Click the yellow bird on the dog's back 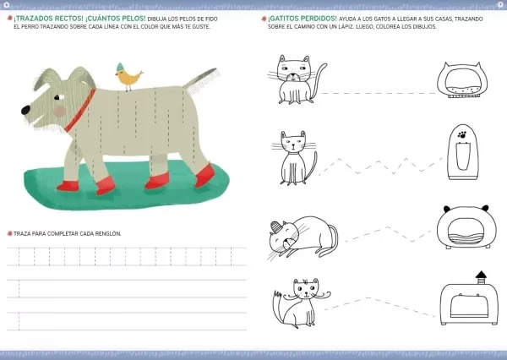point(128,77)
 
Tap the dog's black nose point(25,111)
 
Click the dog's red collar point(80,111)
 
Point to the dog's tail point(201,80)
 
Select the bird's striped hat point(120,67)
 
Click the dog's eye point(57,97)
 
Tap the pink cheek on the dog point(60,112)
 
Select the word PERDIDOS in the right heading point(319,19)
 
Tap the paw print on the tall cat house point(462,134)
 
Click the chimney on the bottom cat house point(481,277)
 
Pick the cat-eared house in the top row point(462,80)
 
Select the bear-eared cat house point(466,227)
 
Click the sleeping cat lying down point(303,237)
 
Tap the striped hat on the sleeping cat point(276,226)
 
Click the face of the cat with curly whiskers point(306,288)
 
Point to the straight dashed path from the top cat point(379,94)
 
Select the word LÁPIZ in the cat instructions point(346,26)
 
